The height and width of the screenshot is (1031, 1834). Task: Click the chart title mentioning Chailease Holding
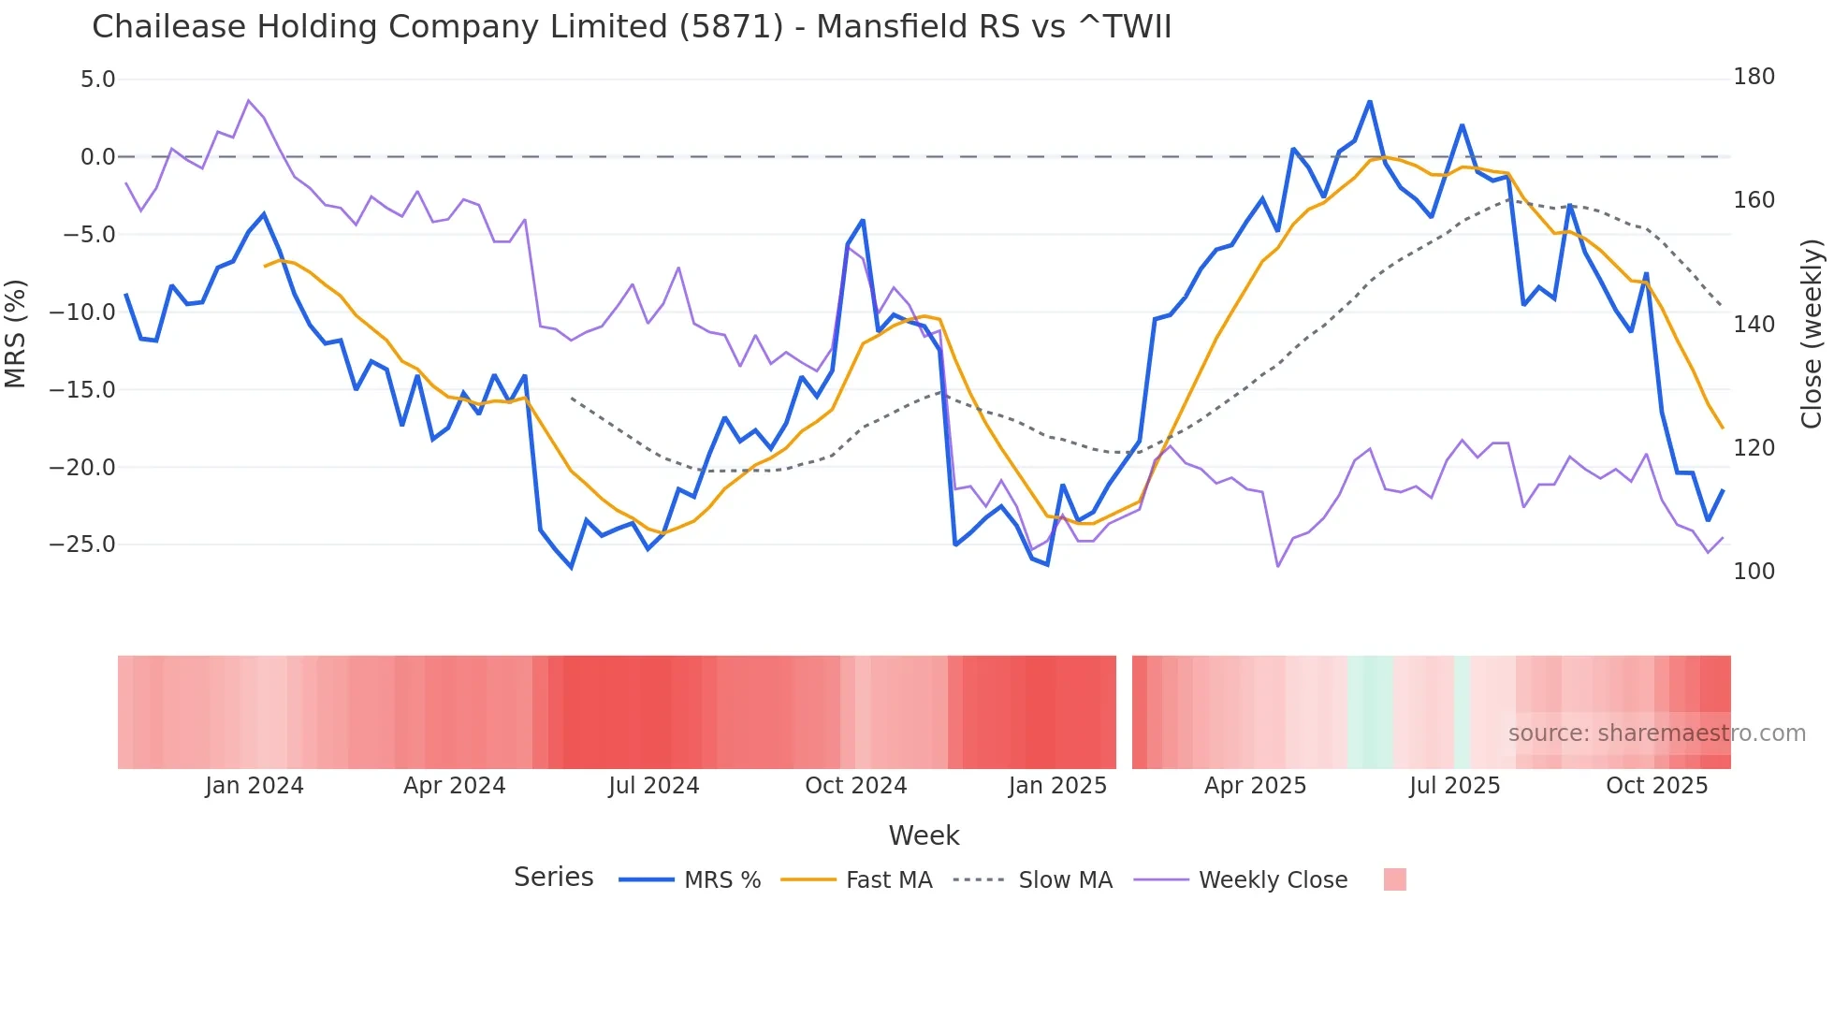pos(632,27)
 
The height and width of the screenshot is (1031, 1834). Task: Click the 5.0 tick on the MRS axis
pos(97,80)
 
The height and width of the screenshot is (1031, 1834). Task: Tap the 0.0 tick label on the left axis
pos(97,157)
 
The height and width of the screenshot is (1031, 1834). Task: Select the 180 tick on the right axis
pos(1754,77)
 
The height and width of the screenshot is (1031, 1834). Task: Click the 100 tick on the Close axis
pos(1754,572)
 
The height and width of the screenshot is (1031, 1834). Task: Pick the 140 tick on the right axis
pos(1754,325)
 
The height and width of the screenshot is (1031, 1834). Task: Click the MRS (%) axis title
pos(16,334)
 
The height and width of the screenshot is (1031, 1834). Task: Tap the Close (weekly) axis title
pos(1812,334)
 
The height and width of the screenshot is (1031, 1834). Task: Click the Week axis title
pos(924,835)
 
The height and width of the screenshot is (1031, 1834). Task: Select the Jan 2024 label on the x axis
pos(255,786)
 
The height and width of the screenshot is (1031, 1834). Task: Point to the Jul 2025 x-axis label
pos(1454,786)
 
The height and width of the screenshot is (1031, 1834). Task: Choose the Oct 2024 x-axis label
pos(855,786)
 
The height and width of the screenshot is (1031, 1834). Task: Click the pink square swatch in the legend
pos(1394,879)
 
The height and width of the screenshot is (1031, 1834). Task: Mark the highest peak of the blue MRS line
pos(1369,102)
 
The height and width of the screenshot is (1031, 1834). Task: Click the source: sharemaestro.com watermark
pos(1656,733)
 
